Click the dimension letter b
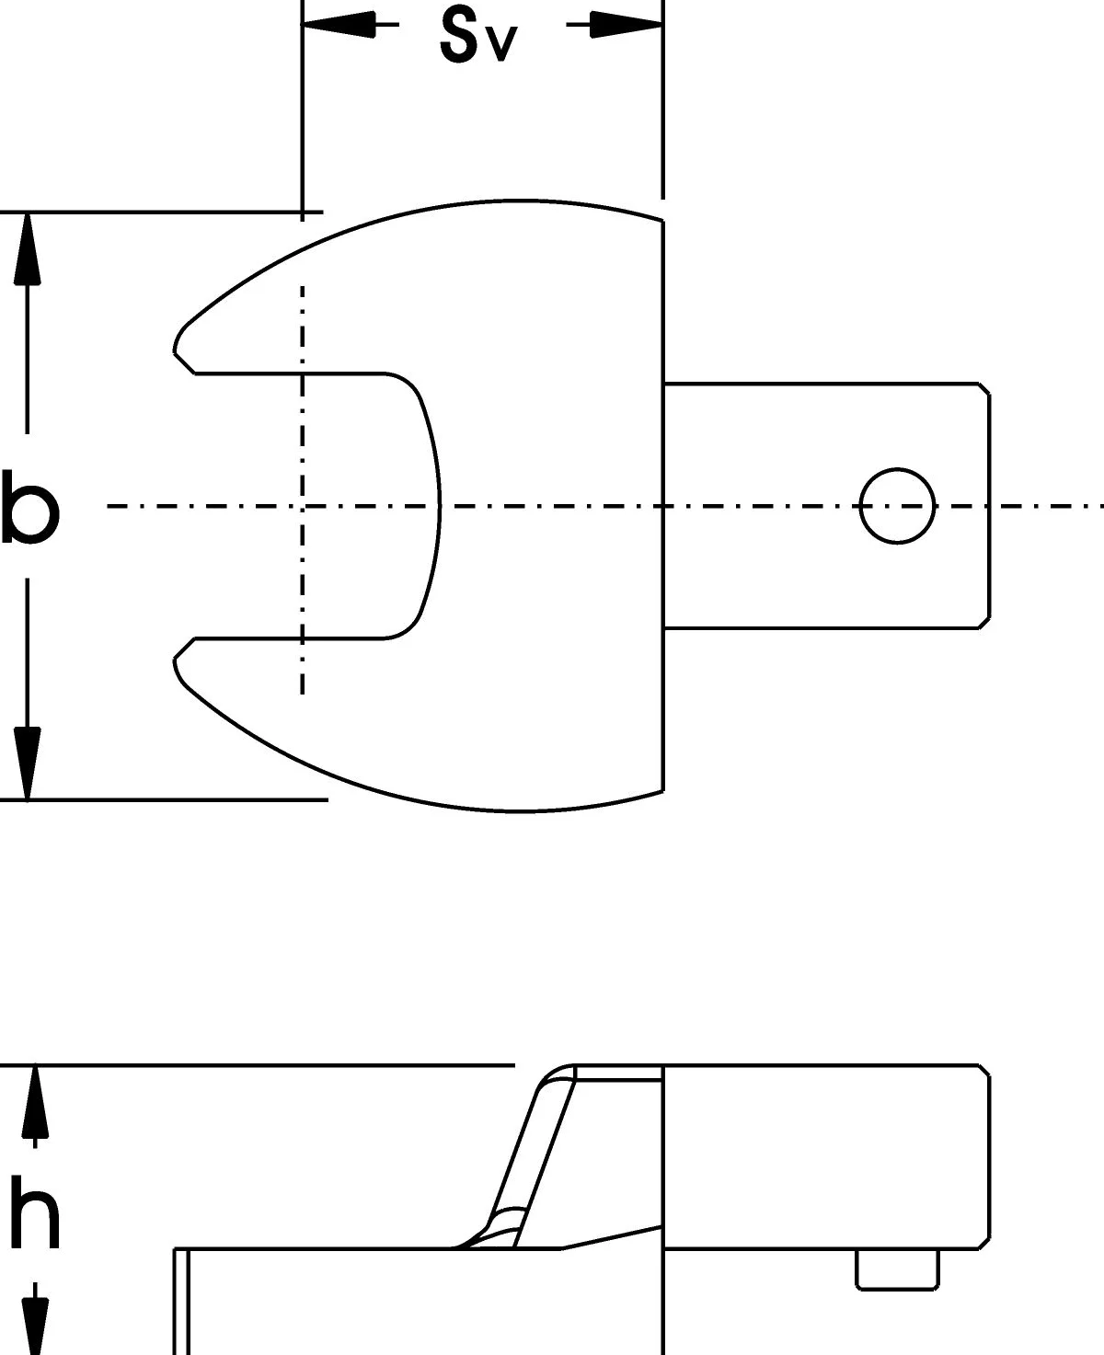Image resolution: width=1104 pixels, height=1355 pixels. (30, 507)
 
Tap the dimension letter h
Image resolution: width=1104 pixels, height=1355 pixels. (34, 1211)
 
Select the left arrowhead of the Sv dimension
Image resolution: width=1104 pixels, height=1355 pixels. (338, 25)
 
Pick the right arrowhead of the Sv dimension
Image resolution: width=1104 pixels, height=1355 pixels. (627, 25)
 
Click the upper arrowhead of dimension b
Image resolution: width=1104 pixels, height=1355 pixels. (27, 248)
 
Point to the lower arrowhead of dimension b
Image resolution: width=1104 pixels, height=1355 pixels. (27, 764)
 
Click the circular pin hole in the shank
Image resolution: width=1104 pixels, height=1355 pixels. (897, 506)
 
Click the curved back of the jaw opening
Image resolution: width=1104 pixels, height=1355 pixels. (438, 506)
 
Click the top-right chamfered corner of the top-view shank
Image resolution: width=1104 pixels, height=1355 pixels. (983, 389)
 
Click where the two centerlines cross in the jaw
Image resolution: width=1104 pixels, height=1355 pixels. (303, 506)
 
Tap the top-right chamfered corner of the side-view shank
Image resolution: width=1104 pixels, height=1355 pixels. (983, 1072)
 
